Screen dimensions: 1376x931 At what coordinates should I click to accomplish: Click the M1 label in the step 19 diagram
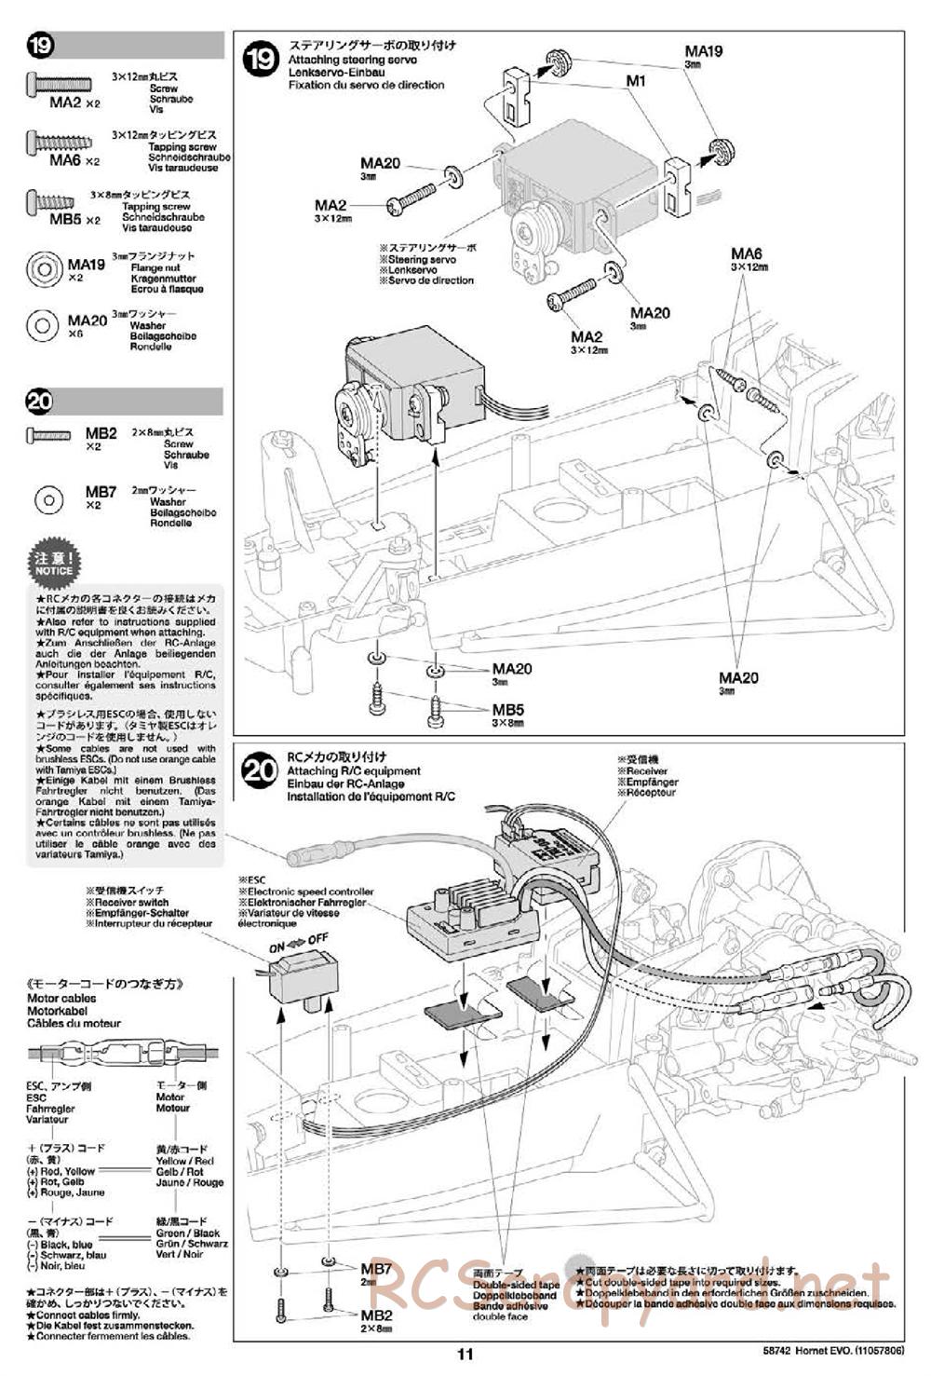(x=636, y=81)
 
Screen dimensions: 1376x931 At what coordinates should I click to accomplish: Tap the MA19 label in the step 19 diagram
(x=703, y=52)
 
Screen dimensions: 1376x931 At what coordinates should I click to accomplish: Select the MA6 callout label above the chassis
(x=746, y=254)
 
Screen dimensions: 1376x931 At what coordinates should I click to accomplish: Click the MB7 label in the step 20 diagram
(x=376, y=1268)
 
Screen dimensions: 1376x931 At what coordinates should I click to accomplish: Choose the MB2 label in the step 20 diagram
(x=376, y=1315)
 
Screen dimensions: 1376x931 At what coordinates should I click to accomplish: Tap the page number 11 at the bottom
(x=465, y=1355)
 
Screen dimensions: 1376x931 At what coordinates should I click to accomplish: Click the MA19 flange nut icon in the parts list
(x=43, y=271)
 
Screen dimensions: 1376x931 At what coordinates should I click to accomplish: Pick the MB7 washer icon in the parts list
(x=47, y=500)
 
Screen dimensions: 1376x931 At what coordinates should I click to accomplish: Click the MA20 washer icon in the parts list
(x=43, y=325)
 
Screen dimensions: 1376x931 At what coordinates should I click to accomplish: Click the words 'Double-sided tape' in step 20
(x=516, y=1285)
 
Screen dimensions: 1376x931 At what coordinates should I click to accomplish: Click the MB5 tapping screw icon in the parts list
(x=48, y=201)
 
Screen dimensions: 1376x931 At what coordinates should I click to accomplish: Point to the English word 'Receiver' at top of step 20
(x=647, y=771)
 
